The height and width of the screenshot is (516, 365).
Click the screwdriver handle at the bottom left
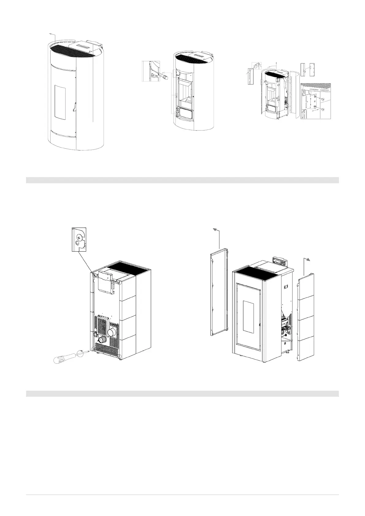(63, 359)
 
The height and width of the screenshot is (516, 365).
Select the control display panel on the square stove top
(281, 261)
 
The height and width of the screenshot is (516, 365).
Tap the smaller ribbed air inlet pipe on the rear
(102, 340)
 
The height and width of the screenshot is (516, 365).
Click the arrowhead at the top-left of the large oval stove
(51, 33)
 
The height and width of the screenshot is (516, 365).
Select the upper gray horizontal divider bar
(182, 180)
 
